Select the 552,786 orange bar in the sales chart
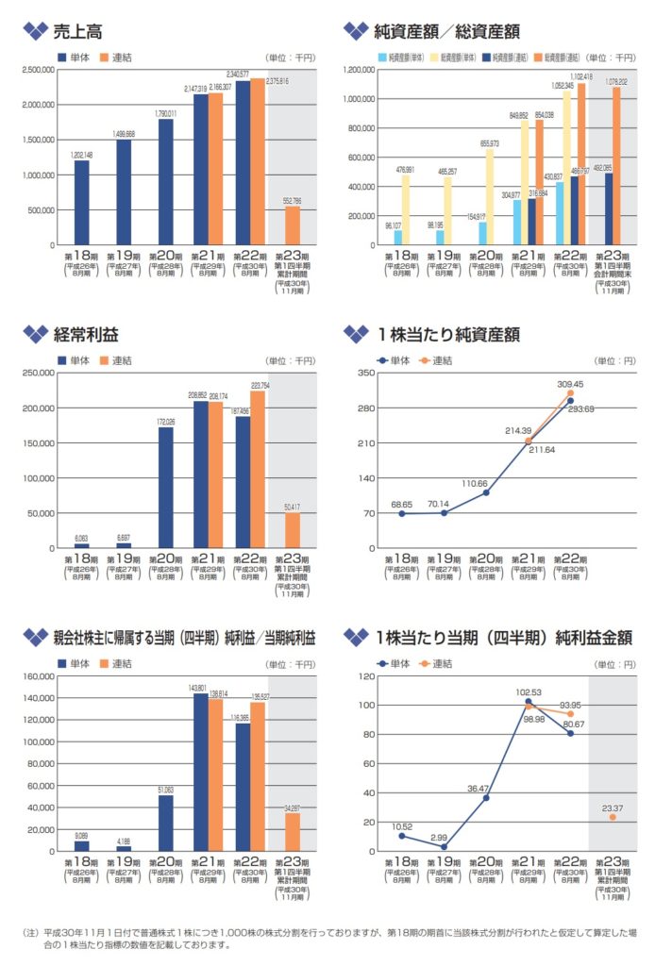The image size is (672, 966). [x=292, y=225]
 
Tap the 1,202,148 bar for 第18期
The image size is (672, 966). [x=82, y=202]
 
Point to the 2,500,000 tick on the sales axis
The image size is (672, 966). [x=38, y=70]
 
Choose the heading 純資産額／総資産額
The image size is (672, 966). [x=447, y=32]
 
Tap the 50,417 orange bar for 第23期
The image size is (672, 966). [x=292, y=530]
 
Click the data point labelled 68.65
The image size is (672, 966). [x=402, y=513]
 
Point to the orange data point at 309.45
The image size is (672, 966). [x=570, y=393]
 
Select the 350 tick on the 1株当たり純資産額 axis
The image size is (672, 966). [x=366, y=373]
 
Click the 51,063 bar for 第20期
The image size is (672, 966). [x=165, y=823]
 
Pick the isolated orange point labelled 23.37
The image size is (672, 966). [x=612, y=817]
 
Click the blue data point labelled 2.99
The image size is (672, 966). [x=444, y=846]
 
